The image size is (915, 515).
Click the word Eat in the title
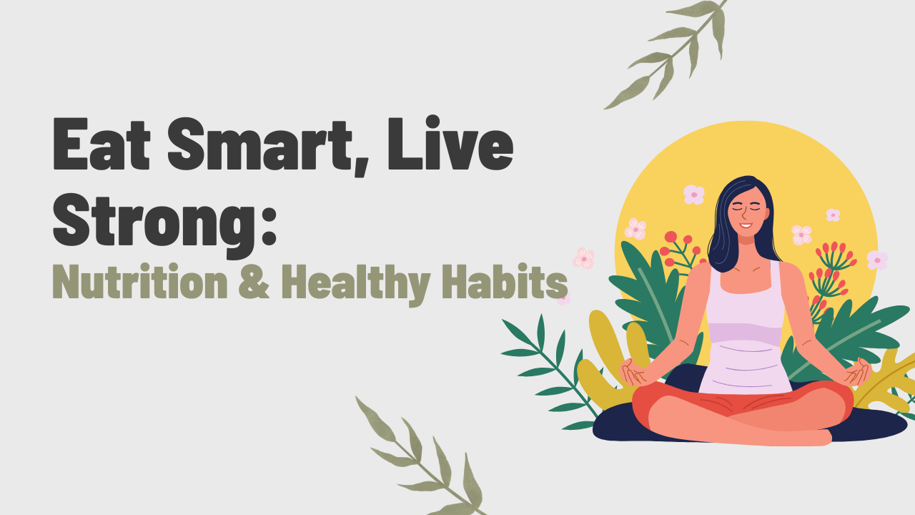click(x=102, y=144)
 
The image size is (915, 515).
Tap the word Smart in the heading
click(x=259, y=144)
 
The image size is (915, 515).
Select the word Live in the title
click(x=450, y=142)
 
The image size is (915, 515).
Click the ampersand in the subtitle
click(x=254, y=282)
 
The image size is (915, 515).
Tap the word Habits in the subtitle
click(x=505, y=282)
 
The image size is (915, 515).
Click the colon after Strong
click(x=269, y=221)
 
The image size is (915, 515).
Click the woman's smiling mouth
click(x=746, y=225)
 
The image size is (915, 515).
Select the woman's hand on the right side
click(x=858, y=371)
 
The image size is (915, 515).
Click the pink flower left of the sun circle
click(x=584, y=258)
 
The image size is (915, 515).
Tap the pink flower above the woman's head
click(x=693, y=195)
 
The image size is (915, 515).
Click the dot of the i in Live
click(x=432, y=122)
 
